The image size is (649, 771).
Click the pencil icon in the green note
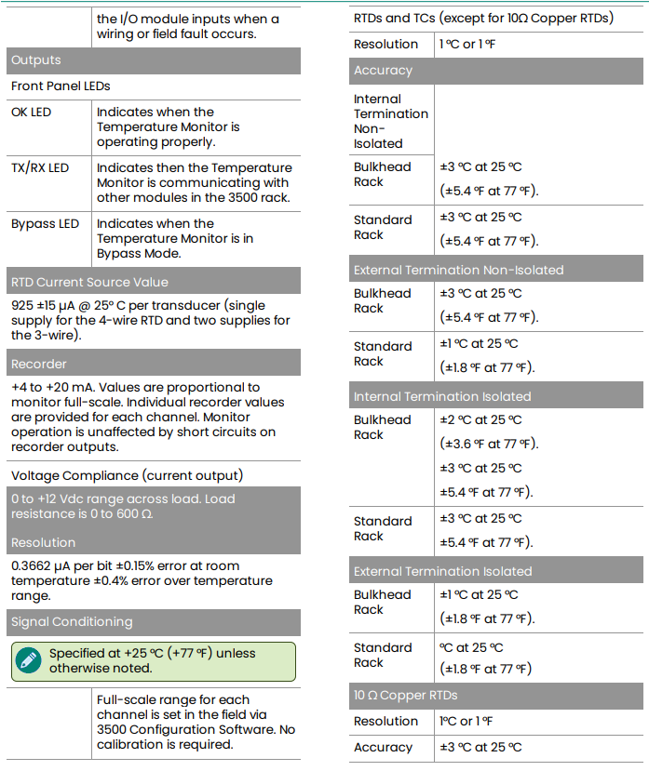(28, 660)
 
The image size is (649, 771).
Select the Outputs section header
(36, 60)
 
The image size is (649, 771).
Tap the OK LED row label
(32, 113)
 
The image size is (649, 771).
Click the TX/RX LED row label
(40, 168)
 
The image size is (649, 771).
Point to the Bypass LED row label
(45, 224)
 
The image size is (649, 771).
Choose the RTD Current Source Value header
(89, 282)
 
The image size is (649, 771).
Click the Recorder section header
(39, 364)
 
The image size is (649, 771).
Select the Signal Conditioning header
(72, 622)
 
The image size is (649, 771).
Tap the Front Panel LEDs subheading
(61, 86)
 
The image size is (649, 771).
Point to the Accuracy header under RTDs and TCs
(383, 71)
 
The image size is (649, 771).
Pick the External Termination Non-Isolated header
(458, 271)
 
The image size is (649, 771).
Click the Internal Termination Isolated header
(442, 397)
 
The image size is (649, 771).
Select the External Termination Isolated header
(443, 572)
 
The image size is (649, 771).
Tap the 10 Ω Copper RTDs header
(406, 696)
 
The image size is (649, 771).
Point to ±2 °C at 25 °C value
(480, 420)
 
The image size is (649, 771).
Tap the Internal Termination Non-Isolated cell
(391, 121)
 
